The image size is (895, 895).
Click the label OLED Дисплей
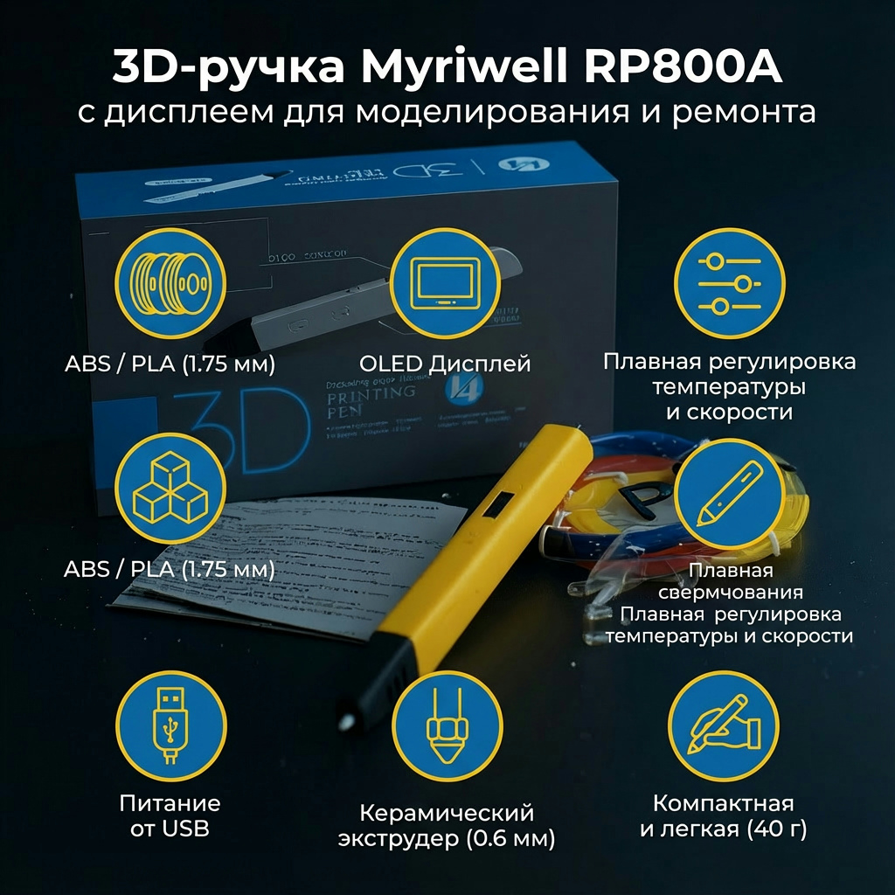[x=445, y=364]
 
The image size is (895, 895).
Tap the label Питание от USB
[x=170, y=815]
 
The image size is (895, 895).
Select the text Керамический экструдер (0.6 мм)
[x=447, y=826]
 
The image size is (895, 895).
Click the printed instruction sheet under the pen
[x=288, y=568]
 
